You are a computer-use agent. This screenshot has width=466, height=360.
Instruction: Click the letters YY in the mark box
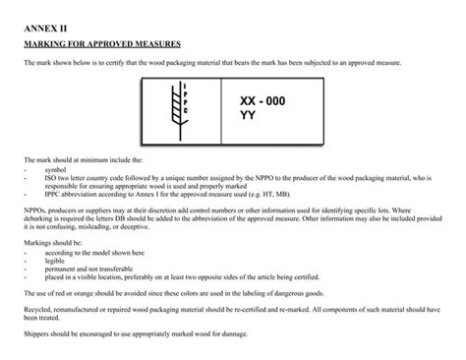(x=247, y=114)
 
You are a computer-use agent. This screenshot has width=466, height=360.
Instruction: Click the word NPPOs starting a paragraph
(x=33, y=208)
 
